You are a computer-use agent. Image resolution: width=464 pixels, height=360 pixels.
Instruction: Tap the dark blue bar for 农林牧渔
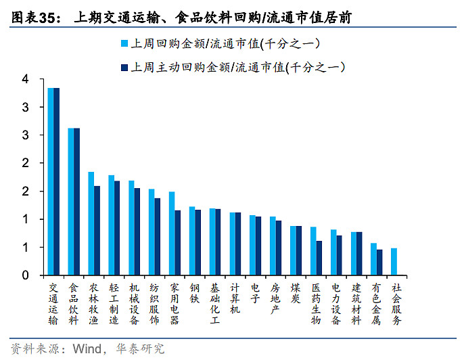tap(97, 230)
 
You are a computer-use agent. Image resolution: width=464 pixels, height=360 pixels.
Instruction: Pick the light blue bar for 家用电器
tap(171, 233)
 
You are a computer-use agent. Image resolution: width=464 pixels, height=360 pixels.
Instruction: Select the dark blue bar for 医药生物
tap(319, 258)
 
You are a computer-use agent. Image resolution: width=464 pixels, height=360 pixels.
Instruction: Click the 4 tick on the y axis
tap(25, 79)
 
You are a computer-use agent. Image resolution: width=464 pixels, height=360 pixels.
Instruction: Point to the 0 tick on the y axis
tap(25, 275)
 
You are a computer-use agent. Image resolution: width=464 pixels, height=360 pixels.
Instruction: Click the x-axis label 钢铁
tap(195, 294)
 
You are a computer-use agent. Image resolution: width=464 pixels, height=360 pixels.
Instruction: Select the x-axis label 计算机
tap(235, 299)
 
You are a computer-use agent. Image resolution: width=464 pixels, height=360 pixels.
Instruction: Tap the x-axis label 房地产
tap(275, 299)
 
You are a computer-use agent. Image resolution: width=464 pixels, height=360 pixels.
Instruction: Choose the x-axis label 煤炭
tap(296, 294)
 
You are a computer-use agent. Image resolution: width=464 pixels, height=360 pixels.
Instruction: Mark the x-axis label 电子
tap(255, 294)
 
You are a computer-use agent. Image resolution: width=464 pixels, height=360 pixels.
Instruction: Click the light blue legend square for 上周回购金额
tap(124, 44)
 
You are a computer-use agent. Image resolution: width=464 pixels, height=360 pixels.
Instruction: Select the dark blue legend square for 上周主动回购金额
tap(124, 67)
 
